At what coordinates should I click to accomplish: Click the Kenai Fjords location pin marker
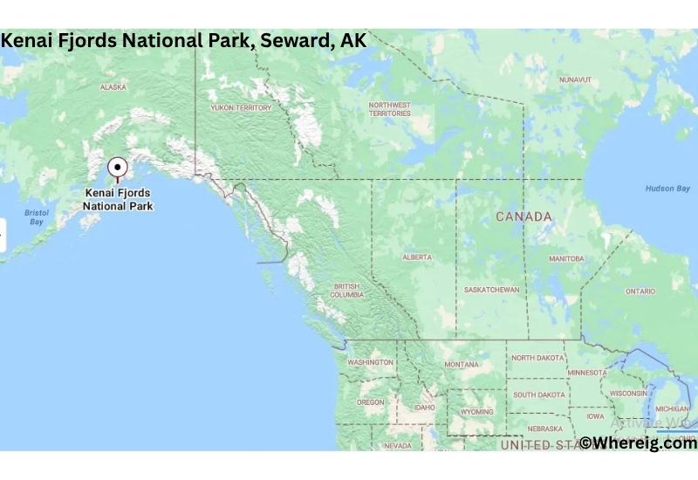click(x=117, y=168)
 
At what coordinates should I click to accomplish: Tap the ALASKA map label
click(x=113, y=87)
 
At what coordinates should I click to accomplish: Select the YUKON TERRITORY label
click(x=241, y=107)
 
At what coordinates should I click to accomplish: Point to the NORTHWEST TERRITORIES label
click(x=389, y=108)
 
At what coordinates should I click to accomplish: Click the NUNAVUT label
click(x=575, y=79)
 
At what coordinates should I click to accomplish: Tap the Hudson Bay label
click(x=667, y=189)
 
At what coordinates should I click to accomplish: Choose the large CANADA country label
click(x=523, y=216)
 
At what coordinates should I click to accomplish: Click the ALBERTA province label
click(x=416, y=257)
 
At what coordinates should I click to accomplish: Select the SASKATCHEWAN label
click(x=492, y=290)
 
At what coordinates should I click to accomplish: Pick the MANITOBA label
click(x=566, y=259)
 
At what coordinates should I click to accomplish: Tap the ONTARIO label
click(x=640, y=291)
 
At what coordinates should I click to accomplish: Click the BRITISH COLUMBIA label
click(x=347, y=291)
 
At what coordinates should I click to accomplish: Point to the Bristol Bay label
click(x=37, y=217)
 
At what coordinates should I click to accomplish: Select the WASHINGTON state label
click(x=371, y=362)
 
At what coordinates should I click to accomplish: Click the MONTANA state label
click(x=461, y=364)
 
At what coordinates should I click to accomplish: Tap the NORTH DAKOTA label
click(x=538, y=358)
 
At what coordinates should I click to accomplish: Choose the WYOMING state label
click(x=477, y=412)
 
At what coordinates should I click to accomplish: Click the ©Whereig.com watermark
click(x=639, y=443)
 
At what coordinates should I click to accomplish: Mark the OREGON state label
click(x=370, y=402)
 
